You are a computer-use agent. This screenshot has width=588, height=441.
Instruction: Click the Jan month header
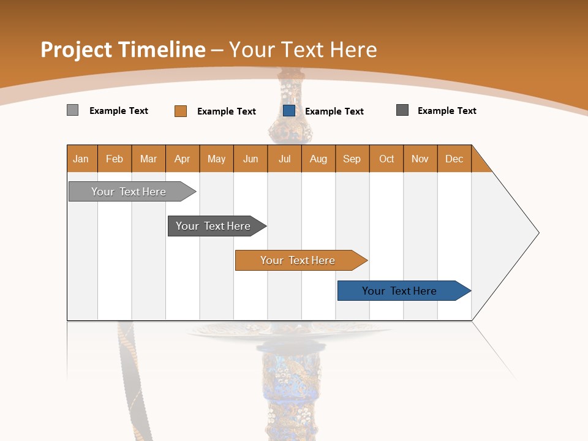81,159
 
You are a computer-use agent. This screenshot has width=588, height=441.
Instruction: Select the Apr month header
183,159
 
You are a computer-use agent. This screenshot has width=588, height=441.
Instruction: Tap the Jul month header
284,159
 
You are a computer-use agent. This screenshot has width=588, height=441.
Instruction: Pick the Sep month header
352,159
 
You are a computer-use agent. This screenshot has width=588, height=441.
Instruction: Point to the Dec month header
454,159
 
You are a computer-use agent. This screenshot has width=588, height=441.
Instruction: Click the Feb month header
115,159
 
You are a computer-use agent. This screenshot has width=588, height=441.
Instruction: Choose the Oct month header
386,159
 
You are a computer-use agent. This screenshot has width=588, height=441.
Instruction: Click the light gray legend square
72,110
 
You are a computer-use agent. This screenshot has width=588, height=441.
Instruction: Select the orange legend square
180,111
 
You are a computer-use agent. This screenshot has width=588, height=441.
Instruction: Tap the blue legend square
289,111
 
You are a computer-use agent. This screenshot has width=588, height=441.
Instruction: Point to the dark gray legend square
402,110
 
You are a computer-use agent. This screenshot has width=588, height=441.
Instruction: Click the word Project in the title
77,50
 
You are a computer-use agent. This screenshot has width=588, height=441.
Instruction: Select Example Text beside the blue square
334,111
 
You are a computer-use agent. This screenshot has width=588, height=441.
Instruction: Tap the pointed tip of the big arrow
537,233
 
